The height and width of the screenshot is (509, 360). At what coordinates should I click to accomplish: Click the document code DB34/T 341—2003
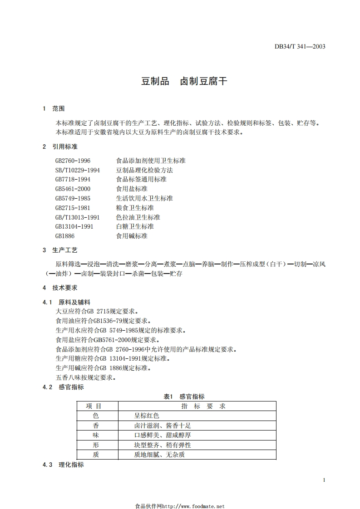point(300,46)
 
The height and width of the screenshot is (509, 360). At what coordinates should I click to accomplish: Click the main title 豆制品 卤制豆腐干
point(184,82)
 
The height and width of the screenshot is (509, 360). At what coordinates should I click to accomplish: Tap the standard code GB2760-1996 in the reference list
point(73,161)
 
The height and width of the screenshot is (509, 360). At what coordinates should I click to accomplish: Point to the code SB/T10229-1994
point(78,170)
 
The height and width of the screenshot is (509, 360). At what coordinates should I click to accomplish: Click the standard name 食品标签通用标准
point(141,179)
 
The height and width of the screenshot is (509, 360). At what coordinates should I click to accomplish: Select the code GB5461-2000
point(73,189)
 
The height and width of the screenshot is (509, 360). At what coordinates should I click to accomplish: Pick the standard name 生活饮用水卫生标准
point(144,198)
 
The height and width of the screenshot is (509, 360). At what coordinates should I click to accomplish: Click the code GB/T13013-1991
point(78,217)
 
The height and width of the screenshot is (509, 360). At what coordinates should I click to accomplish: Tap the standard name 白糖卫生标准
point(135,226)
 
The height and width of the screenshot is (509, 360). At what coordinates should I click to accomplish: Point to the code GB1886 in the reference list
point(65,236)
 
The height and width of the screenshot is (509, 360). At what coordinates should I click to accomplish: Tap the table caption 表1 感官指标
point(184,396)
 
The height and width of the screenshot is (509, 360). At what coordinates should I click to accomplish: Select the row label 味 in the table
point(95,435)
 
